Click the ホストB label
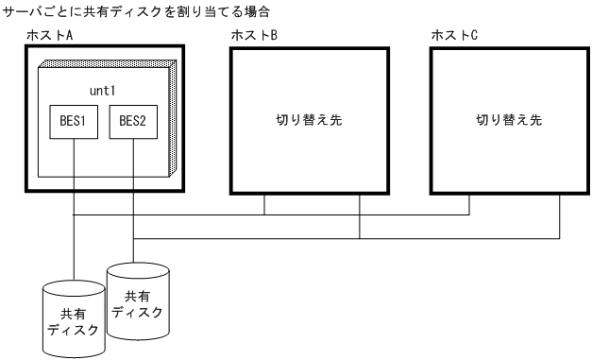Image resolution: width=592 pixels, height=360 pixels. point(254,35)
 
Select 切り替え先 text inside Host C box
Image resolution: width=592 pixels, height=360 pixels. point(509,121)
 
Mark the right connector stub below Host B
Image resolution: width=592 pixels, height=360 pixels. point(360,213)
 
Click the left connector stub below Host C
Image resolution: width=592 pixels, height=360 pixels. point(469,205)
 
